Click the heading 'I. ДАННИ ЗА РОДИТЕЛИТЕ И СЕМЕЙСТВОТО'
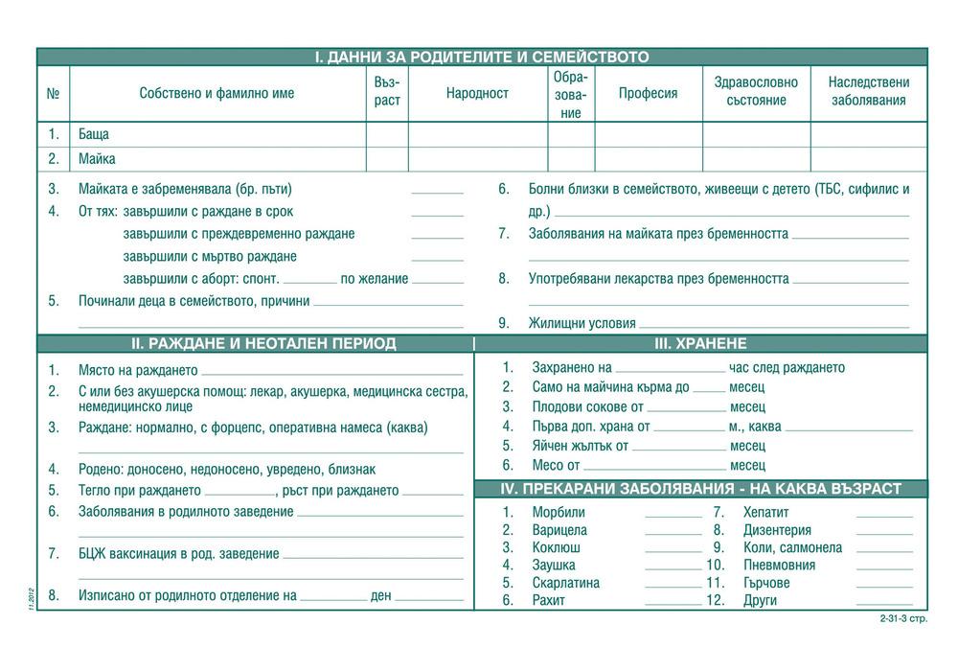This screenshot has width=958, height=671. [482, 58]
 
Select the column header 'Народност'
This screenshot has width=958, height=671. [477, 93]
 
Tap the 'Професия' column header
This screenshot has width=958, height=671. [648, 93]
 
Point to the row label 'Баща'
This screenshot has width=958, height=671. [94, 135]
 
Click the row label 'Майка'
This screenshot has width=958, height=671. [97, 159]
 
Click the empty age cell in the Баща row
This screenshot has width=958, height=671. [387, 135]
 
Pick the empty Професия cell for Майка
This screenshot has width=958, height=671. [649, 159]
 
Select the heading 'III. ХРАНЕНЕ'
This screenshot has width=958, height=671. [700, 343]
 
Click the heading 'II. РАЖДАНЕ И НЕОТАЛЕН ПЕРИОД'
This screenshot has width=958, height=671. [262, 343]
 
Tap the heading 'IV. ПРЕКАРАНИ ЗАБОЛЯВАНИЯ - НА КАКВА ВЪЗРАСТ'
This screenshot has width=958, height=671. [701, 489]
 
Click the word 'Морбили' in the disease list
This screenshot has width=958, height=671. [559, 512]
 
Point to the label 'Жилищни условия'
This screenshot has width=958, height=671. [582, 324]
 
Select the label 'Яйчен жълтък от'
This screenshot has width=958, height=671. [580, 446]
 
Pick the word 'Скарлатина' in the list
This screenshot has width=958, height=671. [565, 583]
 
